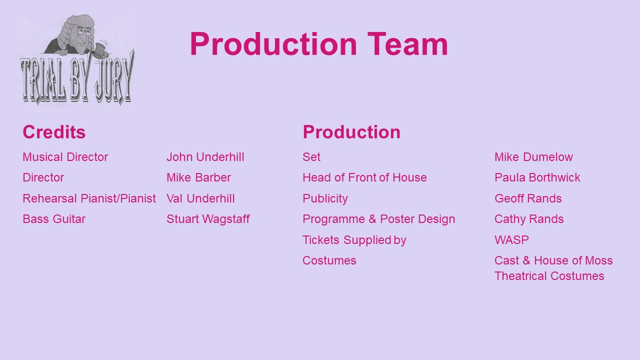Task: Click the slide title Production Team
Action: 319,44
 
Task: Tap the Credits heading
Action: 54,132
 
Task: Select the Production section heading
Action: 351,132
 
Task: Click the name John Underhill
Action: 205,157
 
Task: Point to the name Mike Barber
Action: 198,177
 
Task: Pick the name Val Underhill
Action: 200,198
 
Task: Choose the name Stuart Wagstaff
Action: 208,219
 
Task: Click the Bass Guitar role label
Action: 54,219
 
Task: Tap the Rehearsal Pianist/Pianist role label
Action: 89,198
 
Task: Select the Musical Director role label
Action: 65,157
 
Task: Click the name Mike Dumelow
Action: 533,157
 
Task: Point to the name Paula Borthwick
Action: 537,177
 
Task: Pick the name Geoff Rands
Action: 528,198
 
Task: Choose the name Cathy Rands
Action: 529,219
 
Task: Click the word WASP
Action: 511,239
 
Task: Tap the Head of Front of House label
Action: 364,177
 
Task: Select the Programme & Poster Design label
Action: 378,219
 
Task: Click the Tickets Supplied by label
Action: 354,240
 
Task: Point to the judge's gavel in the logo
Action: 101,49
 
